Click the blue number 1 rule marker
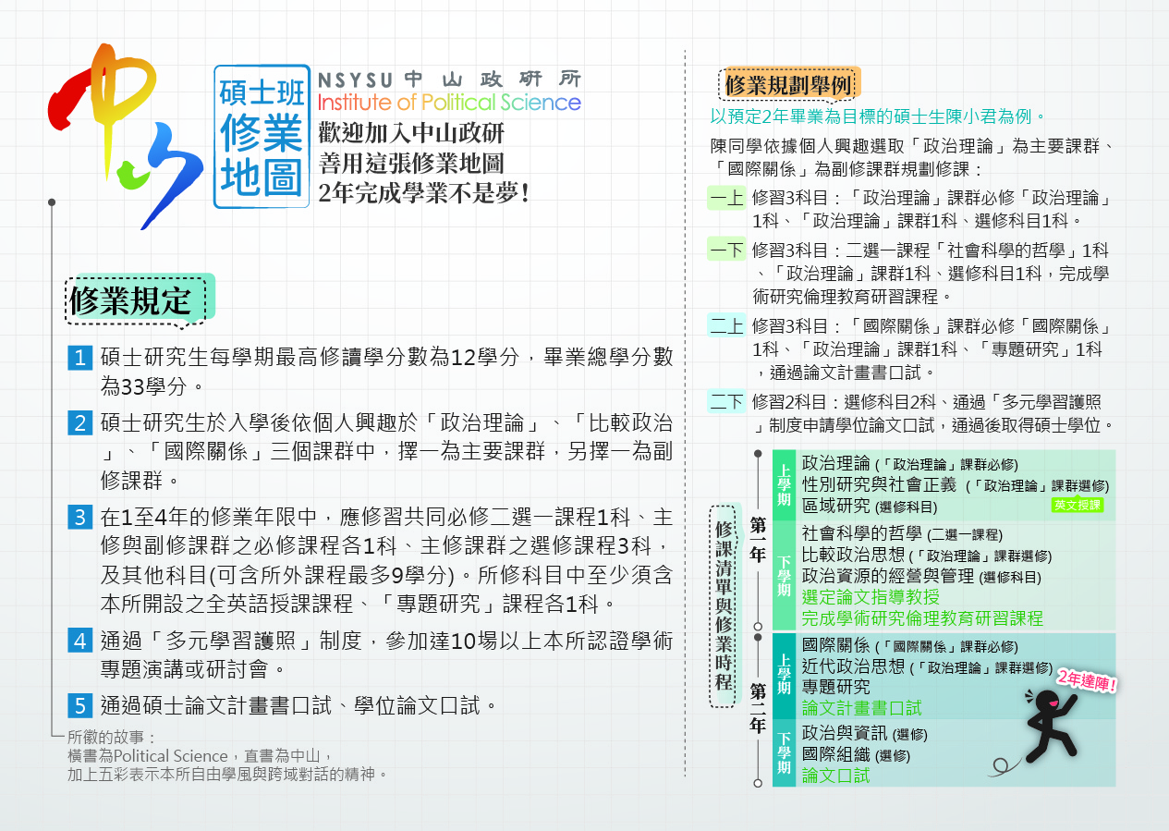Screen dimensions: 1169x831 point(79,358)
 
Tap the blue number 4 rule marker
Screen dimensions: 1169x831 point(79,640)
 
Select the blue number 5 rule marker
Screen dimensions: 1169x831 point(79,705)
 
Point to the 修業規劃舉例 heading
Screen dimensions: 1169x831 point(789,84)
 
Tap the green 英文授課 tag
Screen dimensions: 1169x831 point(1078,505)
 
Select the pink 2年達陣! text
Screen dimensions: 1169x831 point(1087,680)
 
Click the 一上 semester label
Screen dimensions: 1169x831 point(726,198)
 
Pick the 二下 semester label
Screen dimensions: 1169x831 point(726,401)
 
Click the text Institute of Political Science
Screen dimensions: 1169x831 point(449,103)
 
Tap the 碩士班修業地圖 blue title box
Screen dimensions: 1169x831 point(262,137)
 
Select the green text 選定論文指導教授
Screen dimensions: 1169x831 point(871,596)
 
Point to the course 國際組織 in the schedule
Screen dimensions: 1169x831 point(836,754)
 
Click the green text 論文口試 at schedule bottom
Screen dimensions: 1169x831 point(836,776)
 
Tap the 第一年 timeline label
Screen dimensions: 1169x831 point(758,540)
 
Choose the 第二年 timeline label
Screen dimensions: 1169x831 point(758,707)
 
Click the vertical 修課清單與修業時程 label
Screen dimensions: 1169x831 point(724,605)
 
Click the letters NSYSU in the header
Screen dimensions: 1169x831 point(355,80)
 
